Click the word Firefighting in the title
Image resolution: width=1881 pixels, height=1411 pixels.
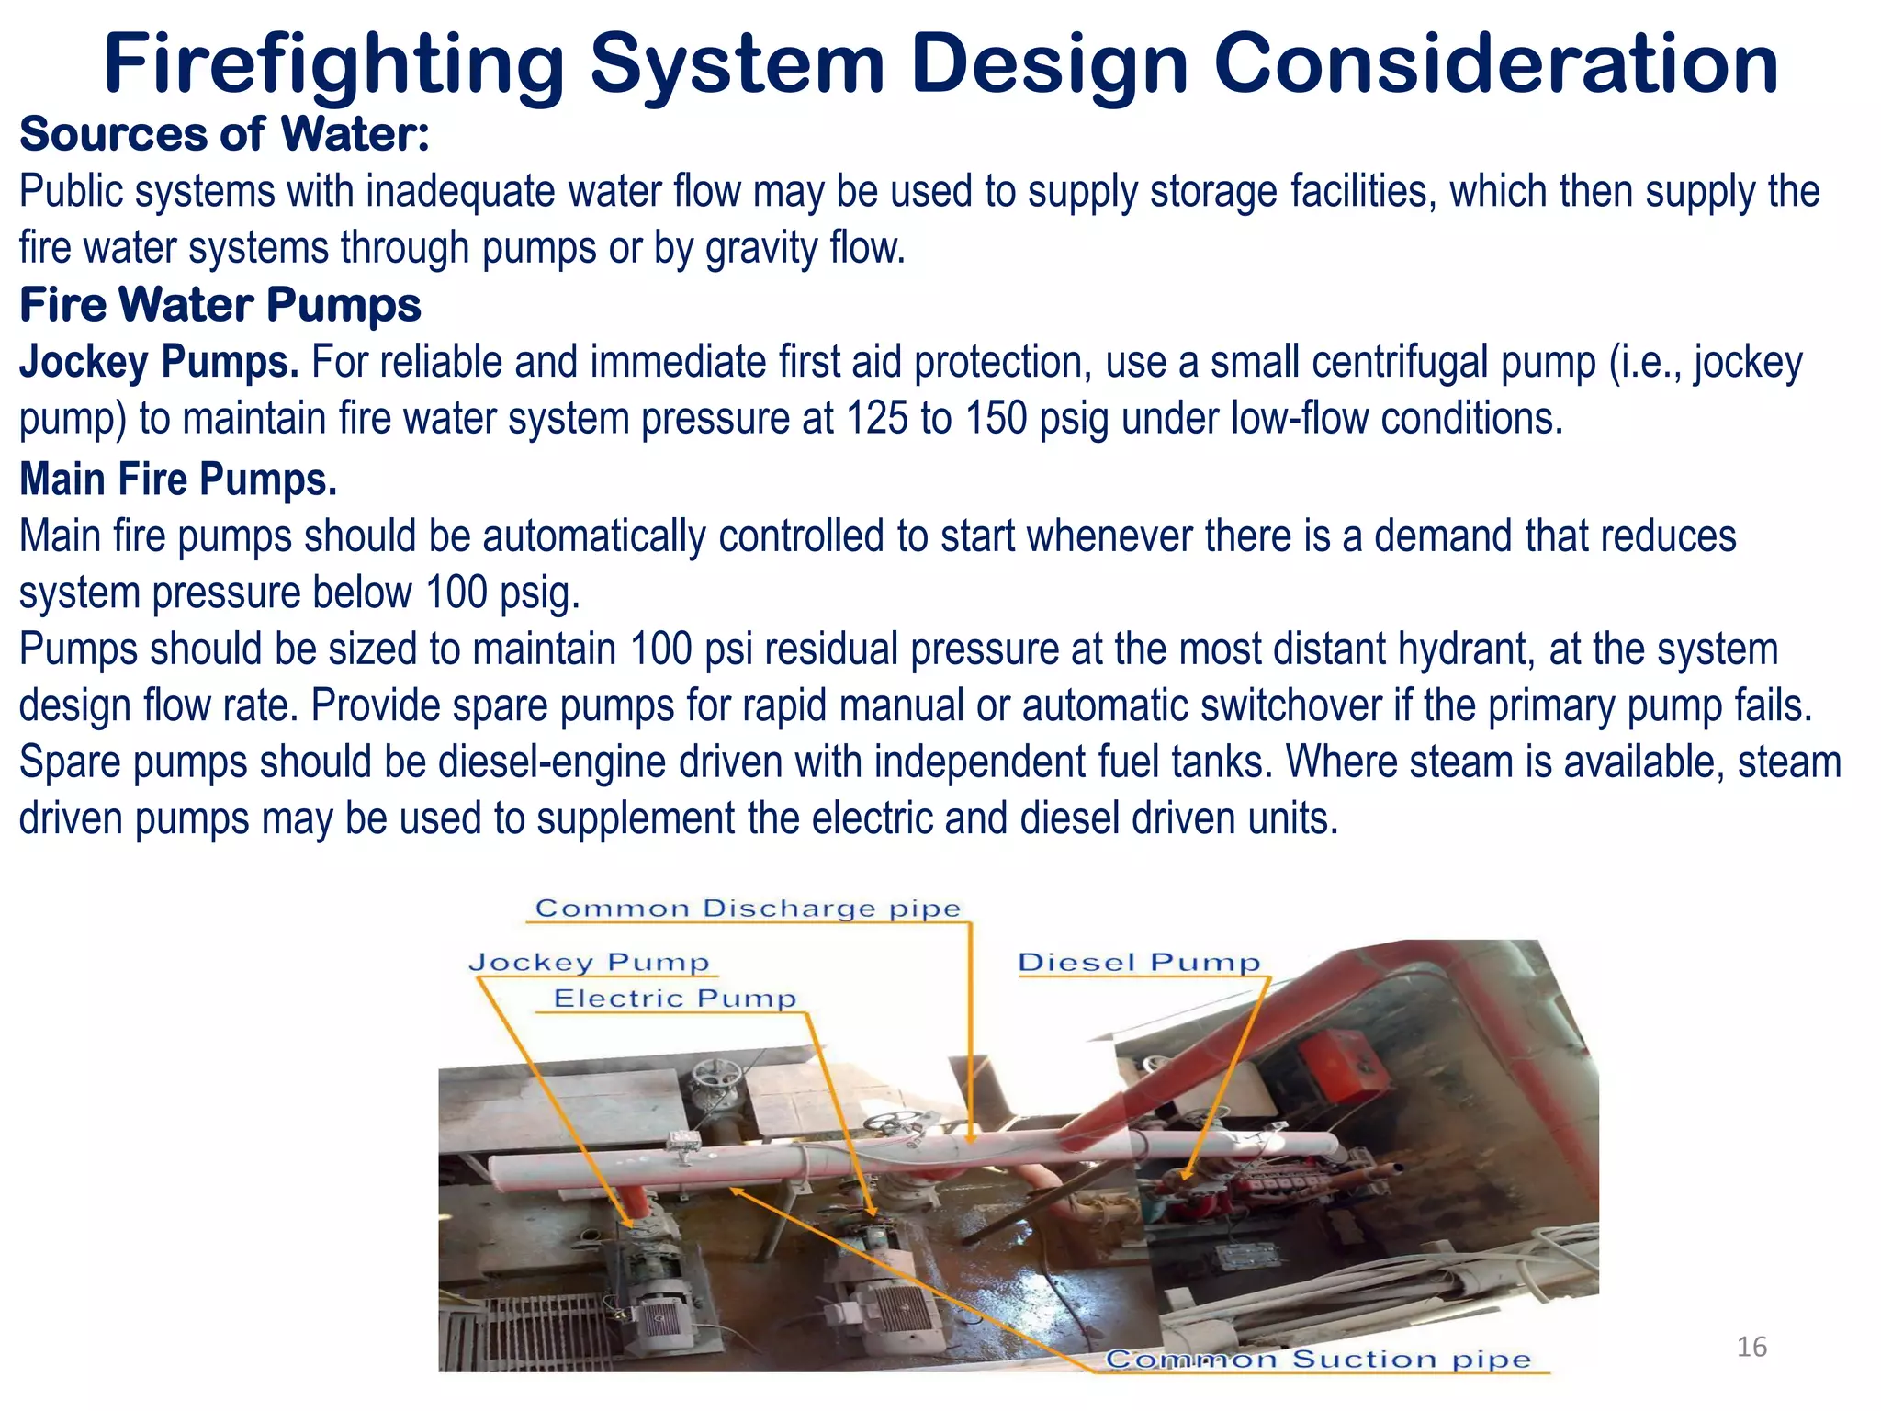(333, 64)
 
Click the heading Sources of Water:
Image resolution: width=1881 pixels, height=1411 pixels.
(225, 134)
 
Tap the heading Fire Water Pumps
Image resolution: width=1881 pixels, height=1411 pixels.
(220, 305)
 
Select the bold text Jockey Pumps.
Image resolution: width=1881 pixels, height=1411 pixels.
(159, 362)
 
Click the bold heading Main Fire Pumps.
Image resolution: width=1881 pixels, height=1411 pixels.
(178, 480)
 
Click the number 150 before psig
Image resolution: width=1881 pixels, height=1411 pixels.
(996, 419)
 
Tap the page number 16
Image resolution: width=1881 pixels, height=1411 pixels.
(1751, 1347)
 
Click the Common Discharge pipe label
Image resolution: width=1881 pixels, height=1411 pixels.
(748, 909)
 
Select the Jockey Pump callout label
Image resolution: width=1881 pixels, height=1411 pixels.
(590, 963)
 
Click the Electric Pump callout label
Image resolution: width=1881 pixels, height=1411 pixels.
(675, 999)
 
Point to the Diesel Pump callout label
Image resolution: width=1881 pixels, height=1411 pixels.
(1139, 963)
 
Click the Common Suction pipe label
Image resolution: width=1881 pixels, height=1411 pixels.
(1318, 1359)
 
